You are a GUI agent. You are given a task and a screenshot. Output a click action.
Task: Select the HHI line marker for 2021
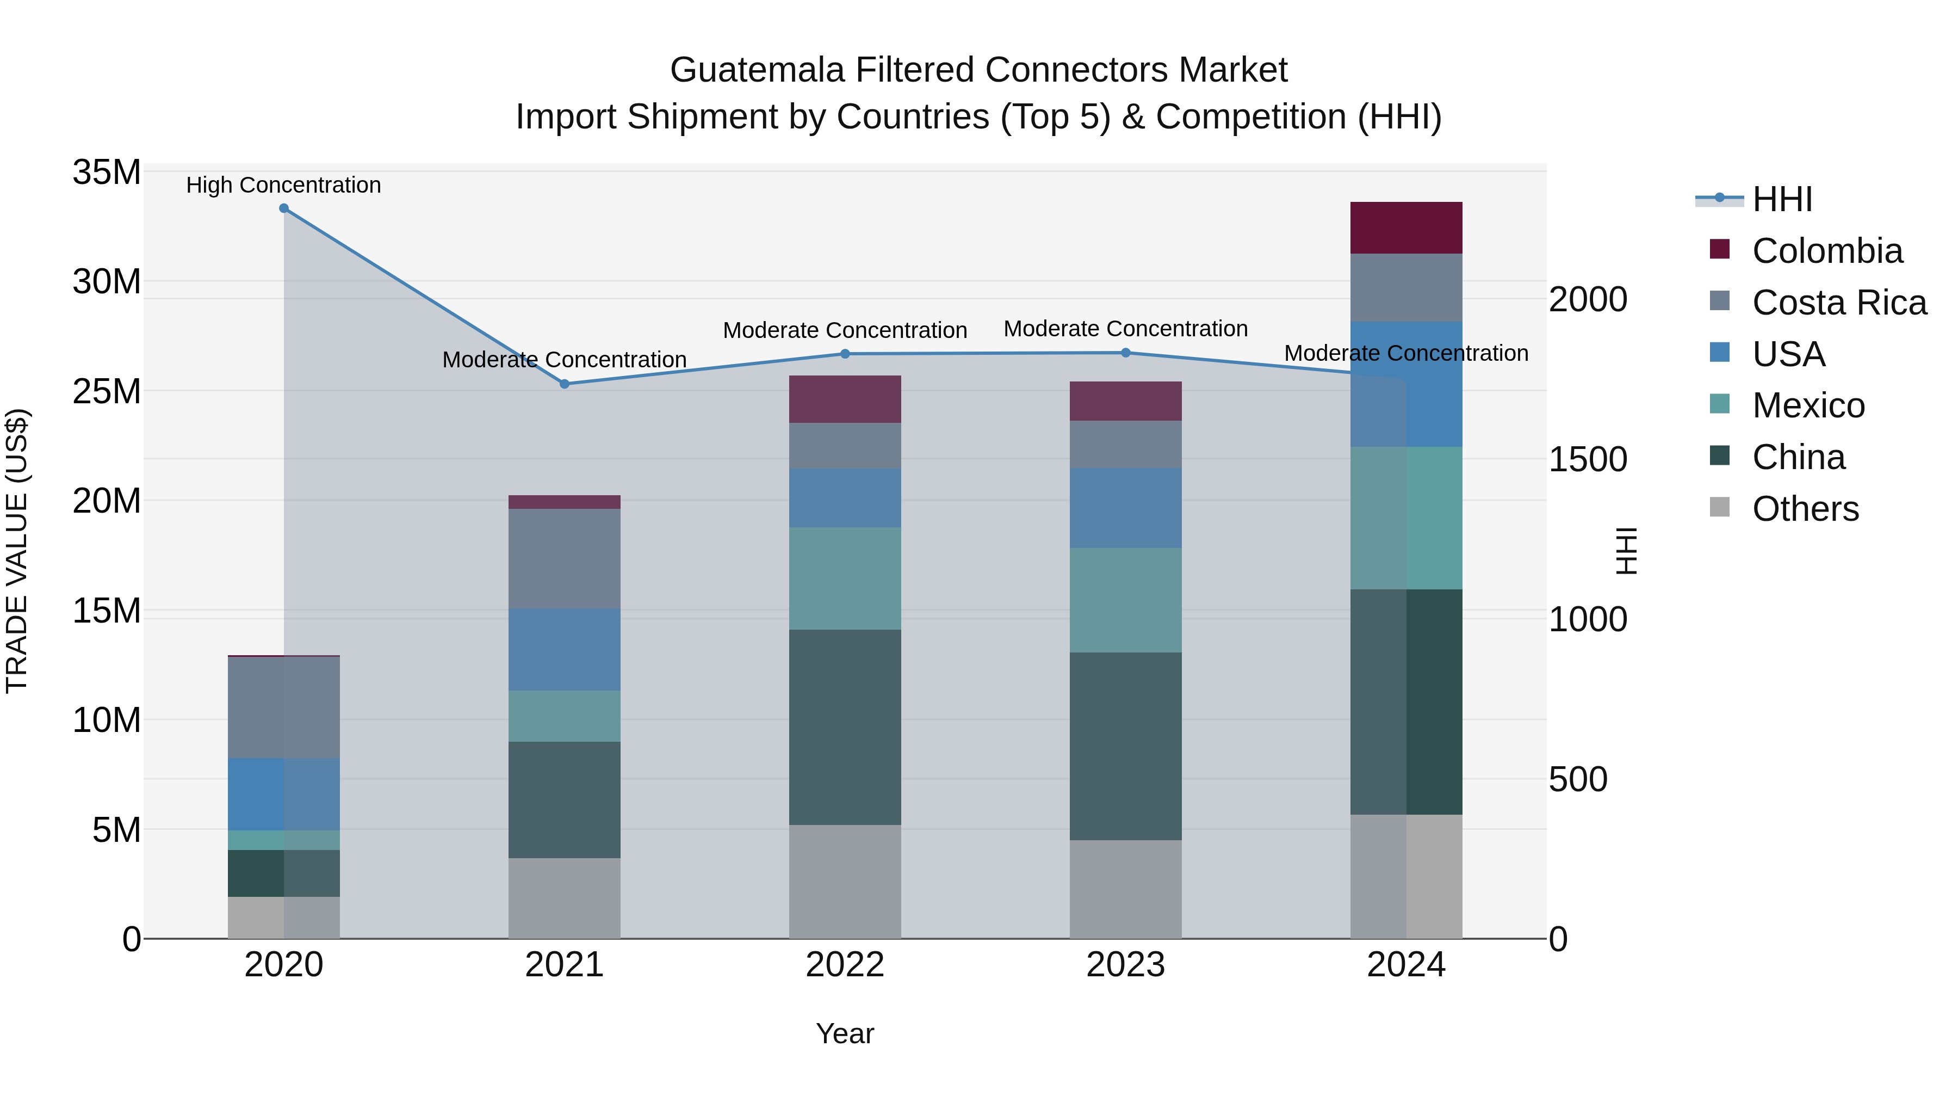click(564, 384)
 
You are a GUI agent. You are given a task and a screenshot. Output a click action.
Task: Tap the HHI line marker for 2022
click(845, 354)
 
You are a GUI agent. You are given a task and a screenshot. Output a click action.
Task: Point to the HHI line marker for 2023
click(1126, 353)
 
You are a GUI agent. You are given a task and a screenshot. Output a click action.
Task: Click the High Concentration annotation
click(283, 185)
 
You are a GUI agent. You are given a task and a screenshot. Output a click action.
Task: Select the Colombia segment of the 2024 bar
click(1406, 227)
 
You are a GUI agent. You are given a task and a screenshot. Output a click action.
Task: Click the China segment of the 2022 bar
click(845, 727)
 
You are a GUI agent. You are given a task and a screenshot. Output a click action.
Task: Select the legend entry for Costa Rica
click(1839, 303)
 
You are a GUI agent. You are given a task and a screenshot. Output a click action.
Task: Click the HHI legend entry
click(1782, 199)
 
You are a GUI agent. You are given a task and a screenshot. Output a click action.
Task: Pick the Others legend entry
click(1805, 509)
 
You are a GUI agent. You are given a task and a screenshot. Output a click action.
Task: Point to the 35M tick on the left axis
click(107, 173)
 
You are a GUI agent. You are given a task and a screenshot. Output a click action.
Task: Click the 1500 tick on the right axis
click(1588, 459)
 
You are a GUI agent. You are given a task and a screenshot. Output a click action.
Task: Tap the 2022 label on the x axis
click(845, 965)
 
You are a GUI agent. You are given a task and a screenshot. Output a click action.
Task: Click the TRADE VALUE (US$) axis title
click(17, 551)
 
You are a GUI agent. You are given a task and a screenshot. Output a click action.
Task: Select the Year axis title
click(845, 1033)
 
